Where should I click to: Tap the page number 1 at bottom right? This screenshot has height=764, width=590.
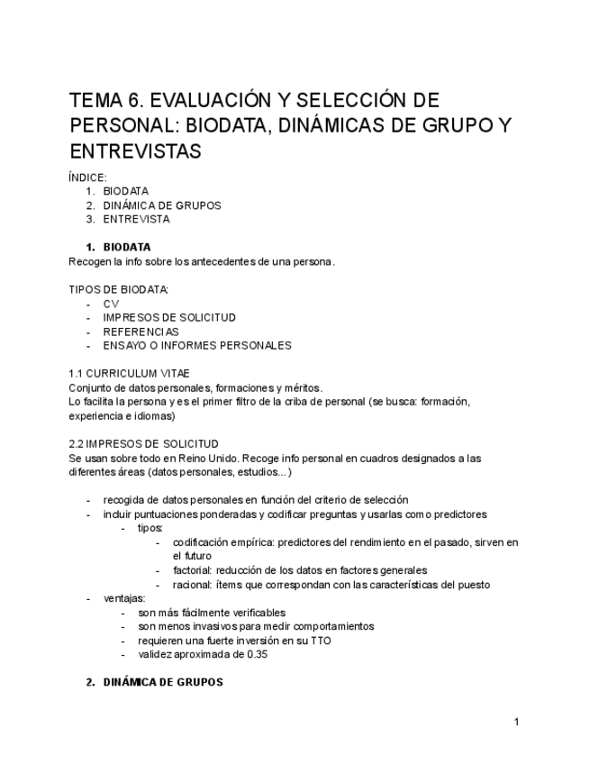516,722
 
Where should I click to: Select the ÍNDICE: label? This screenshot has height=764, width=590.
87,177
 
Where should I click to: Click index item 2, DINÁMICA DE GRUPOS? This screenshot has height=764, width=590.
161,205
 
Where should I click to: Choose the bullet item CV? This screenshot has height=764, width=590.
111,305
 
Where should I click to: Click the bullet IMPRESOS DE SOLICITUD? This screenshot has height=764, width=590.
169,318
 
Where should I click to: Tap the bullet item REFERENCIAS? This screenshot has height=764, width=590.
141,332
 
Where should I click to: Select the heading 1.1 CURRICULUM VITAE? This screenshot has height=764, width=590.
129,373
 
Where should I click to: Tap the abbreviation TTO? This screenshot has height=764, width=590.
320,641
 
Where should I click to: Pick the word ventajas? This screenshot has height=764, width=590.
124,598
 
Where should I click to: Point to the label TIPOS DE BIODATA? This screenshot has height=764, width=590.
118,289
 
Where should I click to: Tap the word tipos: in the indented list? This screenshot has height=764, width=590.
150,528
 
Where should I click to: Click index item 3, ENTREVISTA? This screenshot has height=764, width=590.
135,219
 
